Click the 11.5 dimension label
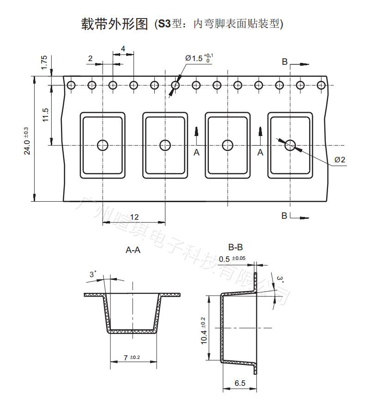(45, 115)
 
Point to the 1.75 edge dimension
(44, 62)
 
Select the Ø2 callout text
(340, 160)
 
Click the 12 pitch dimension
(134, 216)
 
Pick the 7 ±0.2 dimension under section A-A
(132, 357)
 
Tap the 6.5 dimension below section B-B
(240, 383)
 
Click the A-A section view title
(133, 250)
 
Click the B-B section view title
(236, 247)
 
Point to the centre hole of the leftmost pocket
(103, 145)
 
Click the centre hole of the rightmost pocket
(290, 145)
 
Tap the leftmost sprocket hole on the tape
(71, 85)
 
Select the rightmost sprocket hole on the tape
(321, 85)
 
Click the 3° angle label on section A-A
(93, 275)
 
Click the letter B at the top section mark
(285, 62)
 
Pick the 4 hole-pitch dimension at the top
(123, 49)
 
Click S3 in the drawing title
(164, 24)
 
